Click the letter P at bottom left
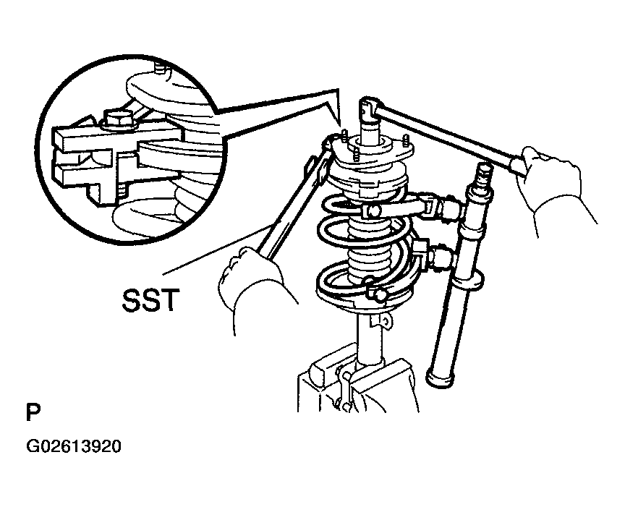click(x=33, y=412)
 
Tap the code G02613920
click(x=73, y=446)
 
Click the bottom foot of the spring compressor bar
click(x=441, y=378)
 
